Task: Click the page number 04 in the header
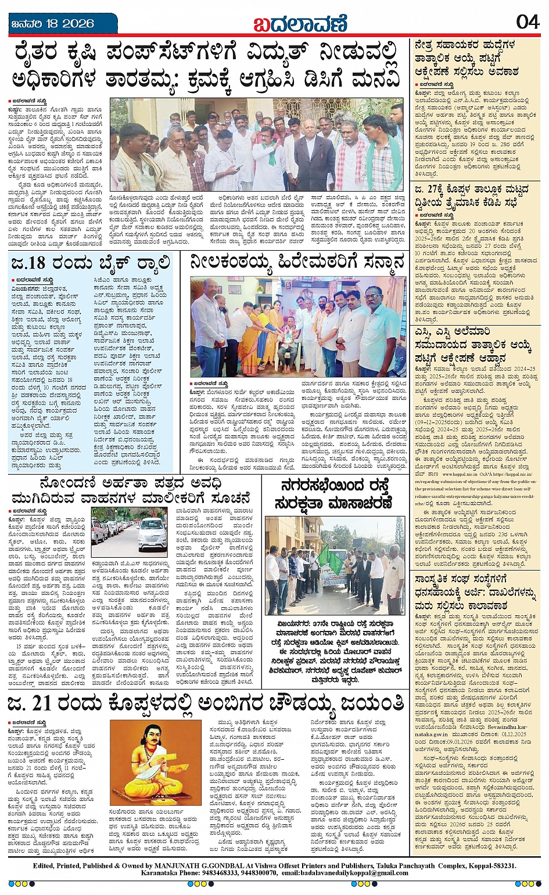(x=528, y=22)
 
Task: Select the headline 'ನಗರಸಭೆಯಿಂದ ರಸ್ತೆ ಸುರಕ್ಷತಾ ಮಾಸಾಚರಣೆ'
(x=335, y=493)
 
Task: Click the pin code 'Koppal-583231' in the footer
(x=487, y=865)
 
